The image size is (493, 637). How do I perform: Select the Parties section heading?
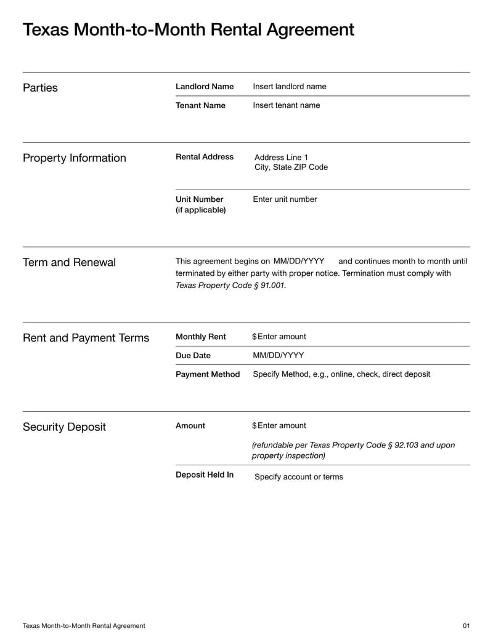coord(40,88)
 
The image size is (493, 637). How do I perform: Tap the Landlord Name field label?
coord(205,87)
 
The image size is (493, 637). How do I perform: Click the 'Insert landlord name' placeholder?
coord(290,87)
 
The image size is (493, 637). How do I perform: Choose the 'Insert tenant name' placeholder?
coord(287,105)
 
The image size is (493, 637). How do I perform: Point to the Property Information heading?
coord(74,158)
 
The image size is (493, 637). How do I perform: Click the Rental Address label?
coord(205,157)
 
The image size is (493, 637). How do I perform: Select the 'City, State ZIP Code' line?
coord(291,167)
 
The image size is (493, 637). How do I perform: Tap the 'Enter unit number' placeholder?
coord(285,199)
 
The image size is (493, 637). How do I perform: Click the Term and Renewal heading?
coord(69,263)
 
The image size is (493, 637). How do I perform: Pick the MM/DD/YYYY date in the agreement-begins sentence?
coord(299,261)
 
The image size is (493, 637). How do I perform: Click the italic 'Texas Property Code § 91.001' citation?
coord(230,286)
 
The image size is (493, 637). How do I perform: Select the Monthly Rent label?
coord(201,337)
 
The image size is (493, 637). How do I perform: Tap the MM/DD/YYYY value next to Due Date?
coord(279,356)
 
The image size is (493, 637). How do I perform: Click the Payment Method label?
coord(208,374)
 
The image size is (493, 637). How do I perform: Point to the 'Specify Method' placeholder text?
coord(341,374)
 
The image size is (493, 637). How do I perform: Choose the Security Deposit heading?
coord(64,427)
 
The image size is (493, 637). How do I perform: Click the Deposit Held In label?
coord(205,475)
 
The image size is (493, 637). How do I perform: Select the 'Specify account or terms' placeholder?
coord(299,477)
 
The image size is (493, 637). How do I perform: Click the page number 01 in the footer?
coord(466,626)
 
